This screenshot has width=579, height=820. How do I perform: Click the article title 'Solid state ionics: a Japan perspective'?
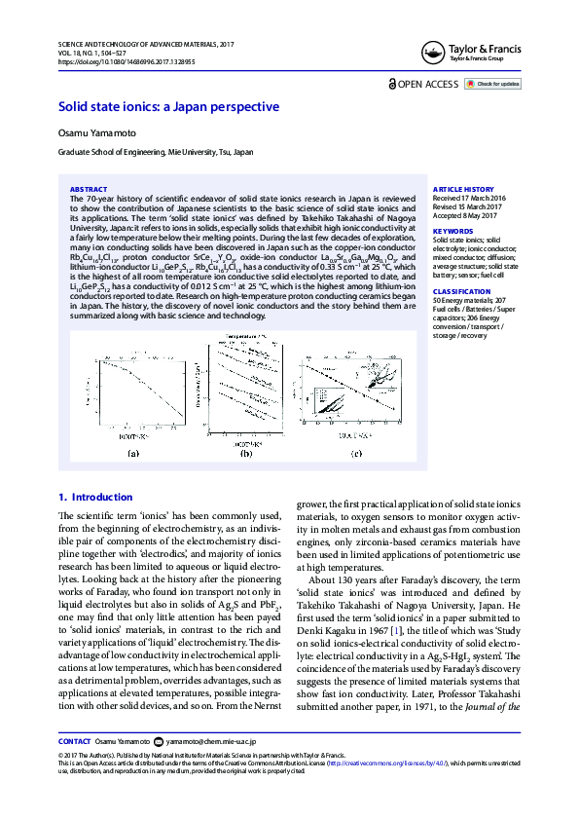(x=168, y=107)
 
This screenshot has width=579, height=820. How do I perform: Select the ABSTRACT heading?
(x=90, y=189)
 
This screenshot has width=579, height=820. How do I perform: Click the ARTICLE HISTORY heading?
(x=463, y=189)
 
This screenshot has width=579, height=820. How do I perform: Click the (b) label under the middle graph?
(x=245, y=455)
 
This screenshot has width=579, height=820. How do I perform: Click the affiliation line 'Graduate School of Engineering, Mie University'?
(x=156, y=153)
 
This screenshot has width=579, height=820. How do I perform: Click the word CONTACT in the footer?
(x=75, y=768)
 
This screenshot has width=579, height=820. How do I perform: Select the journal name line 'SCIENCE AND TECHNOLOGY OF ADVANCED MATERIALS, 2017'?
(x=145, y=45)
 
